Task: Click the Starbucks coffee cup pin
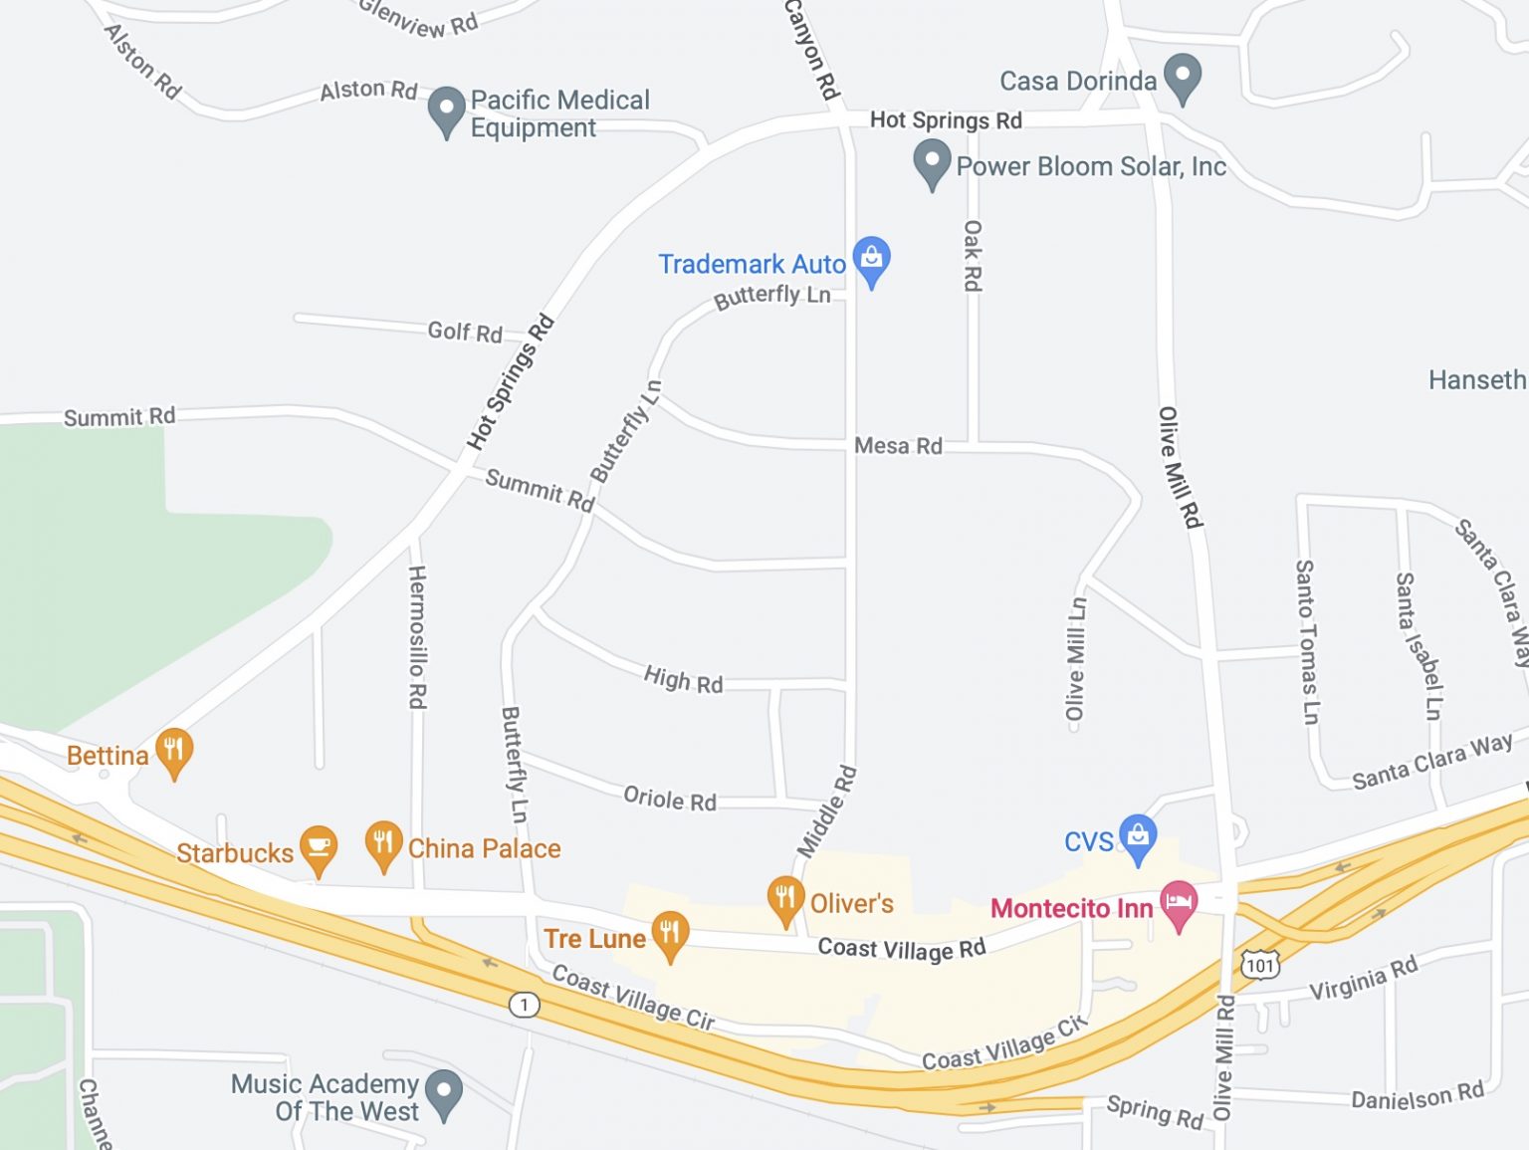pos(318,848)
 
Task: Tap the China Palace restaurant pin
pos(383,844)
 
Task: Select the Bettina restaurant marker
pos(173,750)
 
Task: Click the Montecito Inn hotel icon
pos(1179,903)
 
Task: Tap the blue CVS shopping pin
pos(1138,837)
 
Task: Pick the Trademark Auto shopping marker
pos(871,260)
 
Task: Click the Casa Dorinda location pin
pos(1183,77)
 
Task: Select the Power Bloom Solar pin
pos(932,161)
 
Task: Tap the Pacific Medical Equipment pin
pos(446,109)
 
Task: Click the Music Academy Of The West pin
pos(444,1091)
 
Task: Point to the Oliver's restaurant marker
pos(785,898)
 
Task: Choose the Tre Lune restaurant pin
pos(670,934)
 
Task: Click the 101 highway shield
pos(1259,965)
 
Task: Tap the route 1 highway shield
pos(524,1004)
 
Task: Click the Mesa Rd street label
pos(898,446)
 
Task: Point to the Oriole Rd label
pos(670,800)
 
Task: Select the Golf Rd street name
pos(465,332)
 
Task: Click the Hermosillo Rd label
pos(417,637)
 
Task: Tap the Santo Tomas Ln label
pos(1306,641)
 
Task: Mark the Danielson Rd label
pos(1417,1096)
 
